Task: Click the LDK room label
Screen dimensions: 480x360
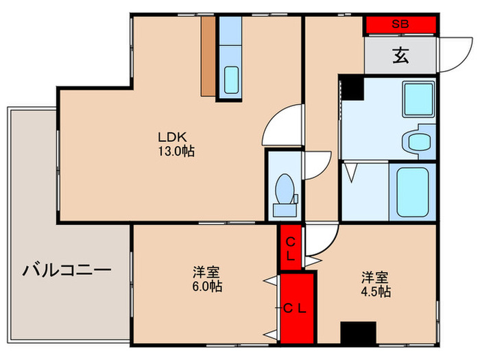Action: point(172,137)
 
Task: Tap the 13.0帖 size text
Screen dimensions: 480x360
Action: point(176,152)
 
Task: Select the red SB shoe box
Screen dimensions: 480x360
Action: point(400,24)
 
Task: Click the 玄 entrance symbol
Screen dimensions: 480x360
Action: point(400,56)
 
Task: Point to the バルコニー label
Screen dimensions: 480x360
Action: point(67,270)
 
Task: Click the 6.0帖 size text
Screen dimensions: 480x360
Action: point(207,286)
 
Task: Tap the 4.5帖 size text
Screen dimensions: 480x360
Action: point(376,291)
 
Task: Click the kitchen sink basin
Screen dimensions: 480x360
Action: point(231,80)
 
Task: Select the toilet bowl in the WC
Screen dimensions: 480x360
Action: point(285,189)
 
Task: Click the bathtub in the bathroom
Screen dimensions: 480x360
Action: point(412,192)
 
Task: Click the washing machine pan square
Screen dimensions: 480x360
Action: point(418,99)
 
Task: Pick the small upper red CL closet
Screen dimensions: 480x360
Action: point(291,248)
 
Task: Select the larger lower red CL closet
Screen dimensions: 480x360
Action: point(297,309)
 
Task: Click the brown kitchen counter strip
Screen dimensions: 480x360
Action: point(208,56)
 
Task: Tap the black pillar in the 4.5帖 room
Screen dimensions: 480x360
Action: point(358,333)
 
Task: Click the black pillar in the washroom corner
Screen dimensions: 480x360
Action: point(352,88)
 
